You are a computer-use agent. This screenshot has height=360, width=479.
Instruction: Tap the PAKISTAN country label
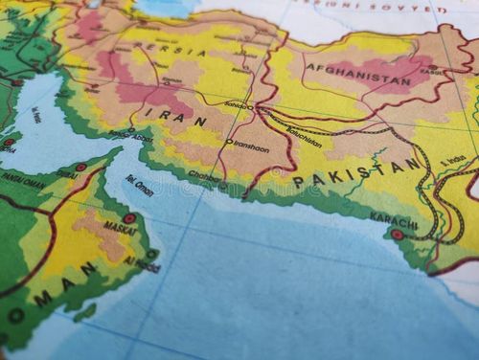point(356,172)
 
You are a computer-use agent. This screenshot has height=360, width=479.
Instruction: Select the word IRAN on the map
point(175,118)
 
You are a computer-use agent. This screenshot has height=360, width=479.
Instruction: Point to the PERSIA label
point(181,50)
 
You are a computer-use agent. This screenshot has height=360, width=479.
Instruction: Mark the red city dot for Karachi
point(397,234)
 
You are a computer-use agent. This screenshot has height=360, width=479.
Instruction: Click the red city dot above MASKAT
point(129,218)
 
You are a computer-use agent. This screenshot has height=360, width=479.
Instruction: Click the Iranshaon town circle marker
point(229,143)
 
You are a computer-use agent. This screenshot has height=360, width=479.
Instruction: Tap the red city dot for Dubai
point(80,168)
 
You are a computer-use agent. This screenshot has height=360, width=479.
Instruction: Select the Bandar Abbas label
point(131,136)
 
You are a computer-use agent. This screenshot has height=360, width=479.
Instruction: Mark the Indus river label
point(454,159)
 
